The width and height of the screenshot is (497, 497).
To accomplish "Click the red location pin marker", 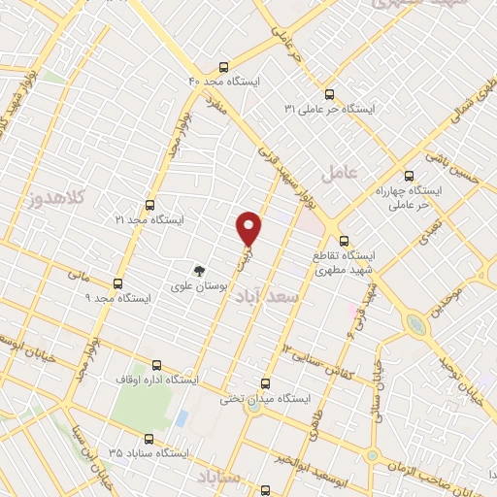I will (x=249, y=227).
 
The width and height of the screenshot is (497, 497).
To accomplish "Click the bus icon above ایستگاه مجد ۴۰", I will (x=224, y=68).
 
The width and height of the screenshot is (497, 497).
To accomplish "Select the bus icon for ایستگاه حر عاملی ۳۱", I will (x=329, y=95).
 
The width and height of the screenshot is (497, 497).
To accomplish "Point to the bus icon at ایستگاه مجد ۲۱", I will (x=149, y=206).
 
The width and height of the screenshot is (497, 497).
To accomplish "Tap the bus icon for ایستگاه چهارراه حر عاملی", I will (x=408, y=177).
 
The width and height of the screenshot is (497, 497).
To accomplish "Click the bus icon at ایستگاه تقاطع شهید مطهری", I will (x=344, y=240).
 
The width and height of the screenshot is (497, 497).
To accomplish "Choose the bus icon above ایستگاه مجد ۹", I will (x=118, y=283).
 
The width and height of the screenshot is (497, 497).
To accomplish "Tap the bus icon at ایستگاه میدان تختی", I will (x=266, y=383).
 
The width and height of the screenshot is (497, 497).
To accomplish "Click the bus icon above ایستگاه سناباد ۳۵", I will (x=149, y=438).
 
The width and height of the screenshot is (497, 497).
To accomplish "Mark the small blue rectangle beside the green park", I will (x=182, y=417).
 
